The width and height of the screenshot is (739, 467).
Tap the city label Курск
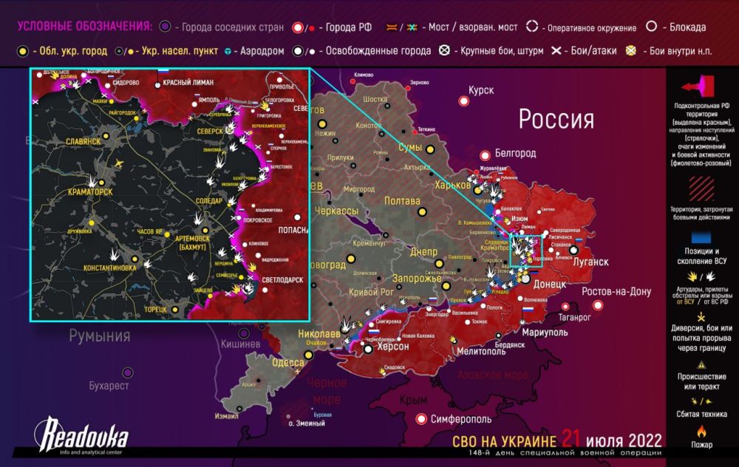click(x=480, y=90)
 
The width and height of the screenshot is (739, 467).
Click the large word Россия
click(x=556, y=119)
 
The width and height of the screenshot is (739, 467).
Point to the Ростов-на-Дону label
click(x=616, y=291)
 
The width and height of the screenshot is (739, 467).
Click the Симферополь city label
click(x=460, y=419)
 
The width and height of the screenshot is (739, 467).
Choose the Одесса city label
click(x=287, y=362)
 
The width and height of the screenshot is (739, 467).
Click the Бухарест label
click(x=109, y=386)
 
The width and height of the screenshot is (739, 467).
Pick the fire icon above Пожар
click(x=701, y=430)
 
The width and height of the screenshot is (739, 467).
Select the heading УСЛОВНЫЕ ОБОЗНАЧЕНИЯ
click(x=84, y=27)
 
